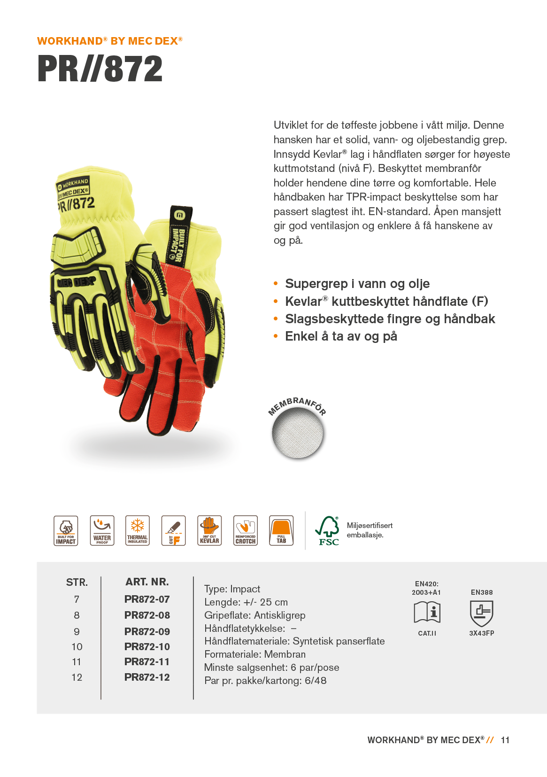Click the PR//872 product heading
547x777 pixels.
[100, 69]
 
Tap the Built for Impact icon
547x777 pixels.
[66, 530]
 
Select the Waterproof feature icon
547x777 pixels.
[102, 530]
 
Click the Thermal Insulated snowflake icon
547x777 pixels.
[138, 530]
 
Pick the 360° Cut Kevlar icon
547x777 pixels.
[209, 530]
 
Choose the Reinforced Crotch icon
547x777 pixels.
[246, 530]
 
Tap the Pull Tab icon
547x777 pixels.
[281, 530]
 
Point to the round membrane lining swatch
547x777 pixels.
[298, 433]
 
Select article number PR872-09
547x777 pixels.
[147, 631]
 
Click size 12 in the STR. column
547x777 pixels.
[77, 677]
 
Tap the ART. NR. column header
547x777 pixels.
[147, 582]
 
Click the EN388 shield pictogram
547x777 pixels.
[481, 613]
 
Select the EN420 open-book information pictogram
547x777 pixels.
[427, 613]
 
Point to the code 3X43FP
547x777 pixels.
[481, 633]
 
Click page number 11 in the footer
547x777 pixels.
[505, 740]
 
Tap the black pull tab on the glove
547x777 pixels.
[180, 235]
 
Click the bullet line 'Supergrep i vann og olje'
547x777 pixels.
[357, 284]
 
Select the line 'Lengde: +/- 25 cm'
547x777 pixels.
[246, 602]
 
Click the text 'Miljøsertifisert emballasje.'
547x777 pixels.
[370, 530]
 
